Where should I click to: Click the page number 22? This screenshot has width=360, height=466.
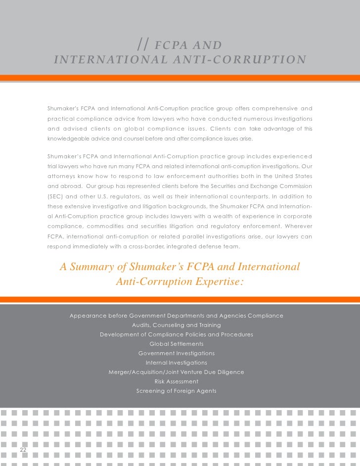coord(23,449)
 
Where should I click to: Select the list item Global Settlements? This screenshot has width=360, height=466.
coord(176,344)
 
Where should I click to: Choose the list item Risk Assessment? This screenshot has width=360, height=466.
coord(176,381)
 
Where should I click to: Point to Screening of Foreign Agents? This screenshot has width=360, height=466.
coord(176,391)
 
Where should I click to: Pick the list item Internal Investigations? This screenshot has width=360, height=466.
coord(176,363)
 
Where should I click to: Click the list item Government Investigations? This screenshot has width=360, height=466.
coord(176,353)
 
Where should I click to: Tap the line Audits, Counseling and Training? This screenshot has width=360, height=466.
coord(176,325)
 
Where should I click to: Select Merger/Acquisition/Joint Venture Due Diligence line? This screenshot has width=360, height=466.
coord(176,372)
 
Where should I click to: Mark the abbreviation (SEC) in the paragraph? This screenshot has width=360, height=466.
coord(55,195)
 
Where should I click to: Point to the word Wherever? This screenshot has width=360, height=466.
coord(298,226)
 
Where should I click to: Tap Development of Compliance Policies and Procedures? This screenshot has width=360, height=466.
coord(176,334)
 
